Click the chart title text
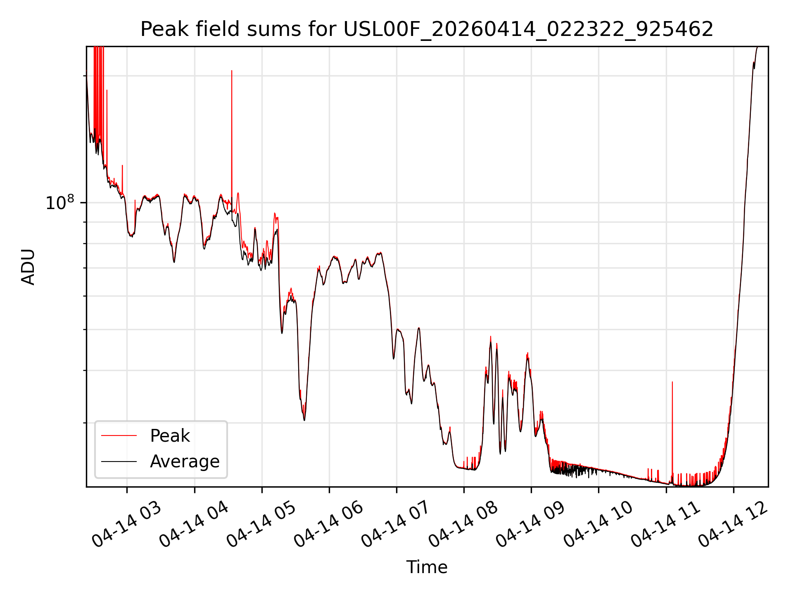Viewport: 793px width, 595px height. click(x=427, y=29)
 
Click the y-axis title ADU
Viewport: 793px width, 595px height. click(x=28, y=267)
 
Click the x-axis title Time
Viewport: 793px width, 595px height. click(x=427, y=567)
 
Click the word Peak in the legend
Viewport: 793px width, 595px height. click(x=170, y=436)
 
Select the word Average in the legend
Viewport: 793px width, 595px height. click(x=185, y=462)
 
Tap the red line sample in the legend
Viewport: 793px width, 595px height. click(x=119, y=436)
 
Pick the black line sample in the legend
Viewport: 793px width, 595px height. click(x=119, y=461)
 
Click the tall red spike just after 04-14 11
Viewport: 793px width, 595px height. click(x=672, y=432)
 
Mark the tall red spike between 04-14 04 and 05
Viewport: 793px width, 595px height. click(x=232, y=140)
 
